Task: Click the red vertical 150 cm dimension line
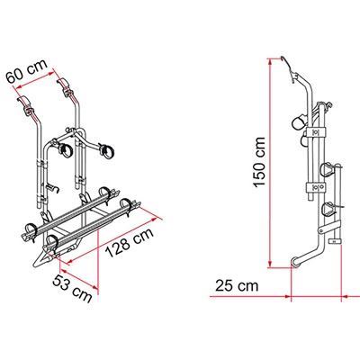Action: tap(270, 162)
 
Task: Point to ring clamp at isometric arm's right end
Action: tap(107, 150)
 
